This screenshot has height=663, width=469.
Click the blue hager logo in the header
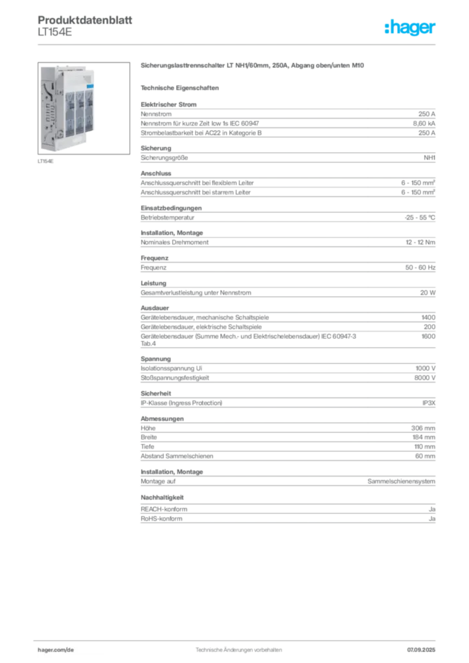(411, 28)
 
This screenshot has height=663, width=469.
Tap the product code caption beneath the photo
(47, 161)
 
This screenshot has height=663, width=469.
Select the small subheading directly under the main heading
(181, 87)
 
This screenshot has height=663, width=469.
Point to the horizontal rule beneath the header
(238, 44)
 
